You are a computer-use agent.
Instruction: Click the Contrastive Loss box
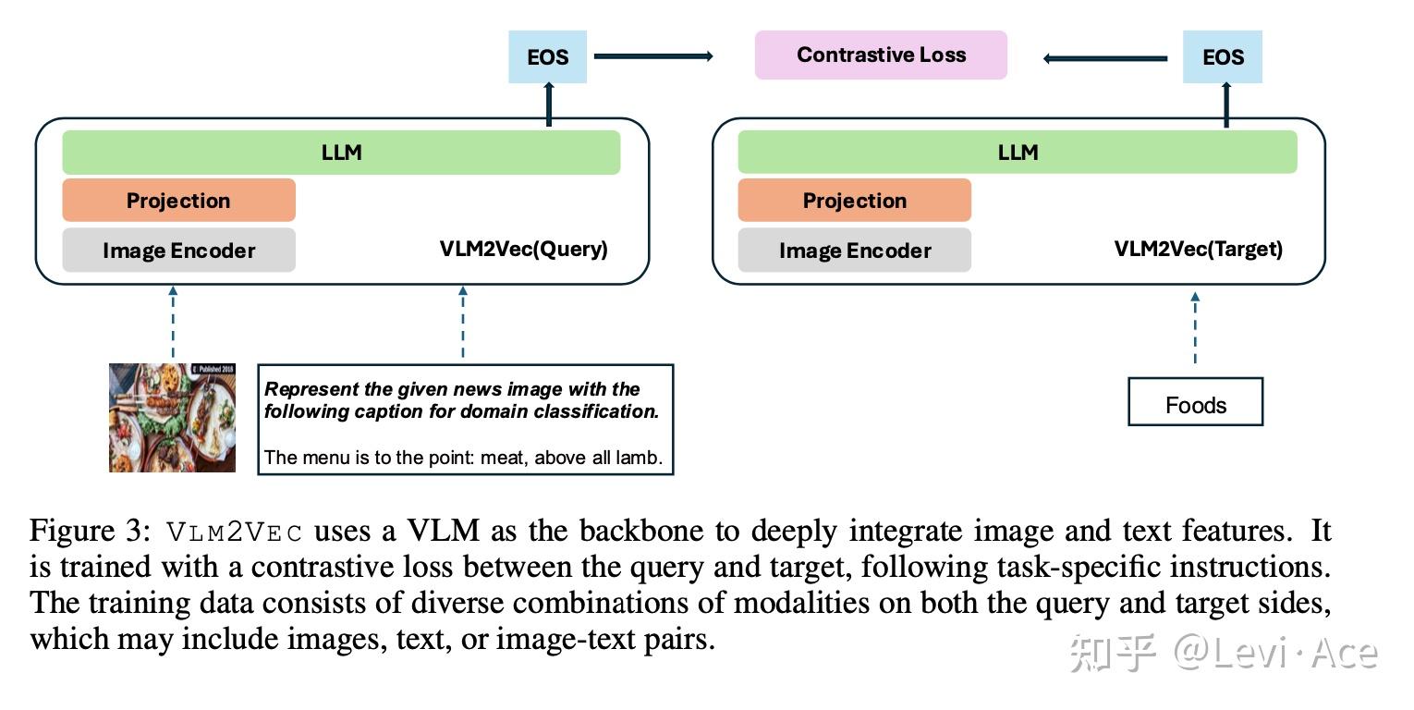[881, 55]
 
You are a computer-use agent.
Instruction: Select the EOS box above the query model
[547, 57]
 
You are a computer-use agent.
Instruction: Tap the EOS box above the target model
[1222, 57]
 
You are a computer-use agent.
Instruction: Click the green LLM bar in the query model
[341, 153]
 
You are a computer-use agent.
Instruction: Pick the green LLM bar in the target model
[1018, 153]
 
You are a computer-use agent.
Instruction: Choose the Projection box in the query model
[178, 201]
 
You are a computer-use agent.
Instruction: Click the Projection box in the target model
[854, 201]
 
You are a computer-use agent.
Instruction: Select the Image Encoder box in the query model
[178, 251]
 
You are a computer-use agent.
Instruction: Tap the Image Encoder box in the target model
[854, 251]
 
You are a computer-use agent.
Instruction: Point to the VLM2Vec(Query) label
[523, 249]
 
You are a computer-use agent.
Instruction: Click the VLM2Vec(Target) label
[1198, 249]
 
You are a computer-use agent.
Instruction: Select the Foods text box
[1195, 403]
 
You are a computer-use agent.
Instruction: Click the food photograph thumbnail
[172, 418]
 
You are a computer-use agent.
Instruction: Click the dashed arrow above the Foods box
[1195, 329]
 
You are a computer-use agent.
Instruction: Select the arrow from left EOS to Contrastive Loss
[652, 56]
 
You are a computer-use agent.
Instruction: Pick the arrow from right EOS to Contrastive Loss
[1105, 58]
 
